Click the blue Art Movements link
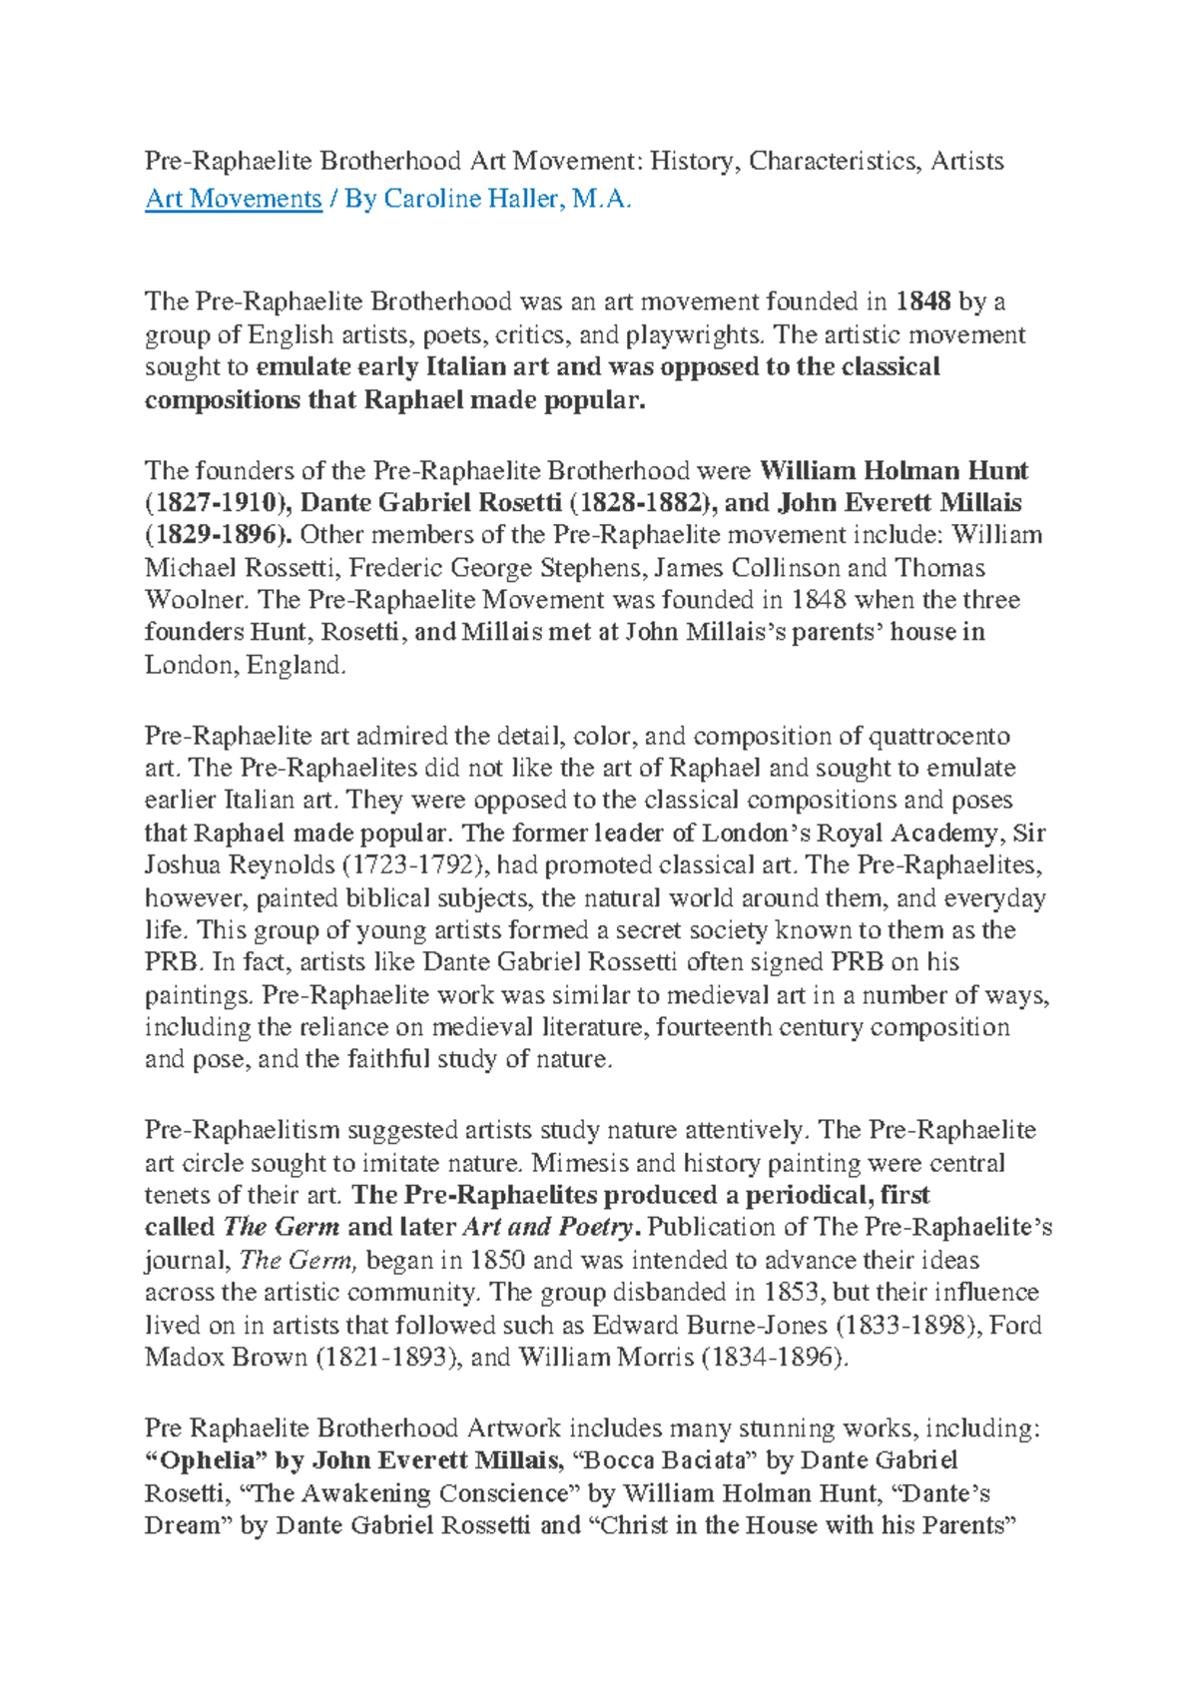coord(234,199)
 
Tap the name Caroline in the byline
coord(433,199)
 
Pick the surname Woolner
coord(193,600)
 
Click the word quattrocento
coord(937,736)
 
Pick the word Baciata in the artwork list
coord(702,1460)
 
